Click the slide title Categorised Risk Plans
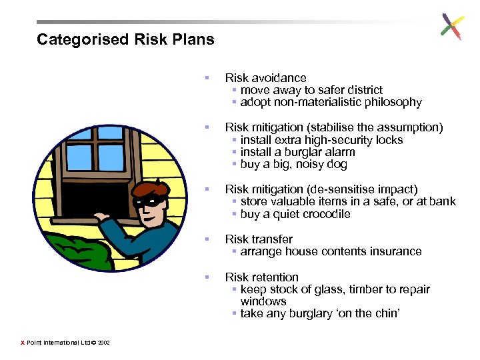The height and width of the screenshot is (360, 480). [x=125, y=39]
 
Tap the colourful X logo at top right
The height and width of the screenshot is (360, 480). [x=452, y=27]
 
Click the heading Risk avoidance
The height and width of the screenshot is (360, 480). [x=265, y=78]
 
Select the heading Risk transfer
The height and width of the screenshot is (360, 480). [x=259, y=239]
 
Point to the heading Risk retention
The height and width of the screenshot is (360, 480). [x=261, y=277]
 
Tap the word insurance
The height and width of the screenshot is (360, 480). [x=393, y=251]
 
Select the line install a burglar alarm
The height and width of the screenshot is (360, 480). [x=297, y=152]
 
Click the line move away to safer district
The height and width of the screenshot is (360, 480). [x=311, y=90]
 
